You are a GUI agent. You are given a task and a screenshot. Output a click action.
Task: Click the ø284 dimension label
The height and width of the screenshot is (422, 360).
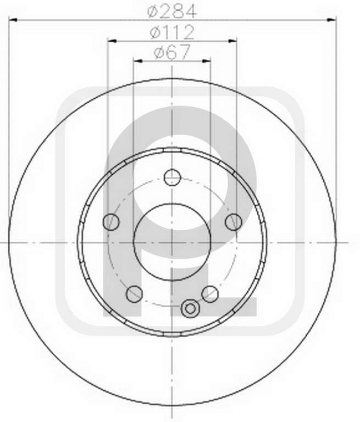pos(172,12)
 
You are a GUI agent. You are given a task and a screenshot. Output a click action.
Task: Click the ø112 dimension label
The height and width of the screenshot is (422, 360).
pos(172,32)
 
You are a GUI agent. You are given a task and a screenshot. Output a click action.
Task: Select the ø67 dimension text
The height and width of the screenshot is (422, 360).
pos(172,52)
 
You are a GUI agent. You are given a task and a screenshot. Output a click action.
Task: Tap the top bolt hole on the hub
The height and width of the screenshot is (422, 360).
pos(172,177)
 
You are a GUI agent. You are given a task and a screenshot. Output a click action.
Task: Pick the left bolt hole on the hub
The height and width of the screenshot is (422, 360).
pos(111,222)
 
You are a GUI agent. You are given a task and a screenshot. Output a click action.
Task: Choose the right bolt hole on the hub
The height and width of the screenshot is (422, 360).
pos(234,222)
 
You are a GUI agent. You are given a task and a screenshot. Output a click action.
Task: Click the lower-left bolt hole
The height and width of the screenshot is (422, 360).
pos(134,293)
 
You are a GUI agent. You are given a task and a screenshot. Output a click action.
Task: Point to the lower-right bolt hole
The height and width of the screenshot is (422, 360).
pos(210,293)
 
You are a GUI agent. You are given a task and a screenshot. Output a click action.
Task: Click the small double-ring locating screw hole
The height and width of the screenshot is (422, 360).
pos(190,308)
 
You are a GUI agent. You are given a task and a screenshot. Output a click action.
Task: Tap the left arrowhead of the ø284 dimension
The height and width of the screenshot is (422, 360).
pos(13,20)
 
